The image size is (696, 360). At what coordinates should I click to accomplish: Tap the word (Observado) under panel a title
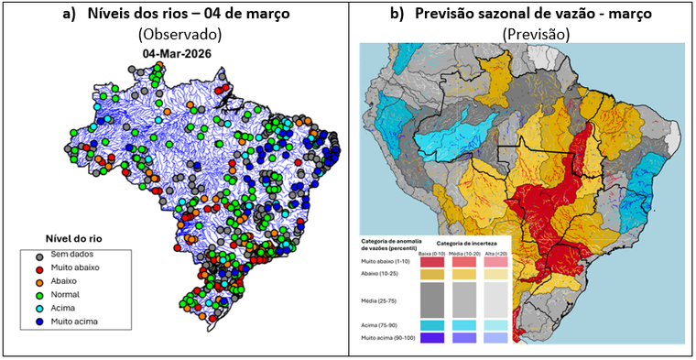(180, 34)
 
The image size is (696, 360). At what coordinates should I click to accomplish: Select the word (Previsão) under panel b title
(536, 34)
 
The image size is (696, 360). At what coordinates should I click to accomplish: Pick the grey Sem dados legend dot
(39, 254)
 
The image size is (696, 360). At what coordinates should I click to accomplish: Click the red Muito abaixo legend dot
(39, 267)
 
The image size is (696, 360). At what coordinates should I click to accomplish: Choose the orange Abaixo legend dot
(39, 281)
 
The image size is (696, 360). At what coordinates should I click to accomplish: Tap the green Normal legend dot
(39, 295)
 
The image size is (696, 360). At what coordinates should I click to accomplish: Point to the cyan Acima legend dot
(39, 309)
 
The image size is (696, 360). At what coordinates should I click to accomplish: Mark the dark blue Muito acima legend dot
(39, 322)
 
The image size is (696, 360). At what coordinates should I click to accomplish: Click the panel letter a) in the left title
(70, 13)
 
